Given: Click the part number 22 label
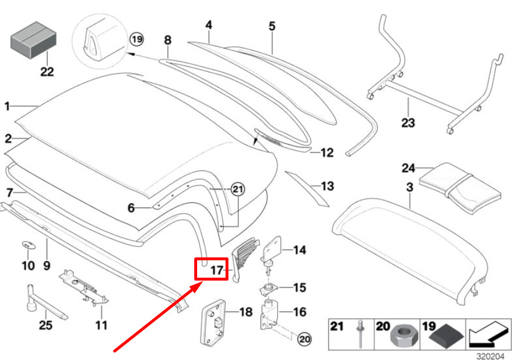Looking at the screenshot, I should (x=46, y=72).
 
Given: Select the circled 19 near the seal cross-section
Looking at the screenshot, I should (x=136, y=39).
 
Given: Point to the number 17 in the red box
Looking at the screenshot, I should (x=216, y=270).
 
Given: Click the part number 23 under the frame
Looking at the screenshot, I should (x=408, y=123).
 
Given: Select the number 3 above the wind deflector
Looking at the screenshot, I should (x=409, y=187).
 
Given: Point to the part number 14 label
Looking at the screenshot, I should (x=299, y=250).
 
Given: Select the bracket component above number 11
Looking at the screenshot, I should (x=85, y=285).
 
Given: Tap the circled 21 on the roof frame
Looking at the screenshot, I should (x=238, y=188).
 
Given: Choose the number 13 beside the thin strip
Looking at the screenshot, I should (x=328, y=187).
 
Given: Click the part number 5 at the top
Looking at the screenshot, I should (x=271, y=26).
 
